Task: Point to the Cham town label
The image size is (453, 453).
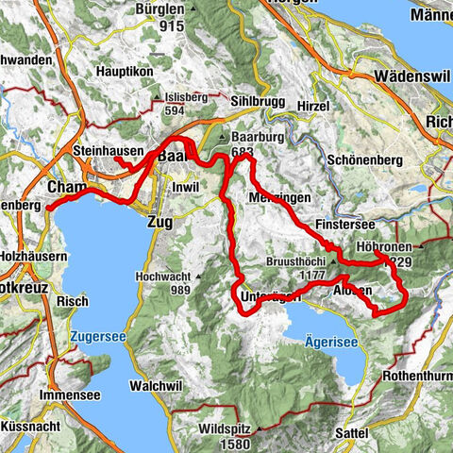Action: coord(64,186)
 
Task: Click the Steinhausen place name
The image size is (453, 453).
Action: coord(108,151)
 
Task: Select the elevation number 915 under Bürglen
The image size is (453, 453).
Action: coord(171,26)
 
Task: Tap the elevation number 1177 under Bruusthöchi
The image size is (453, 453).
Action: coord(295,275)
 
